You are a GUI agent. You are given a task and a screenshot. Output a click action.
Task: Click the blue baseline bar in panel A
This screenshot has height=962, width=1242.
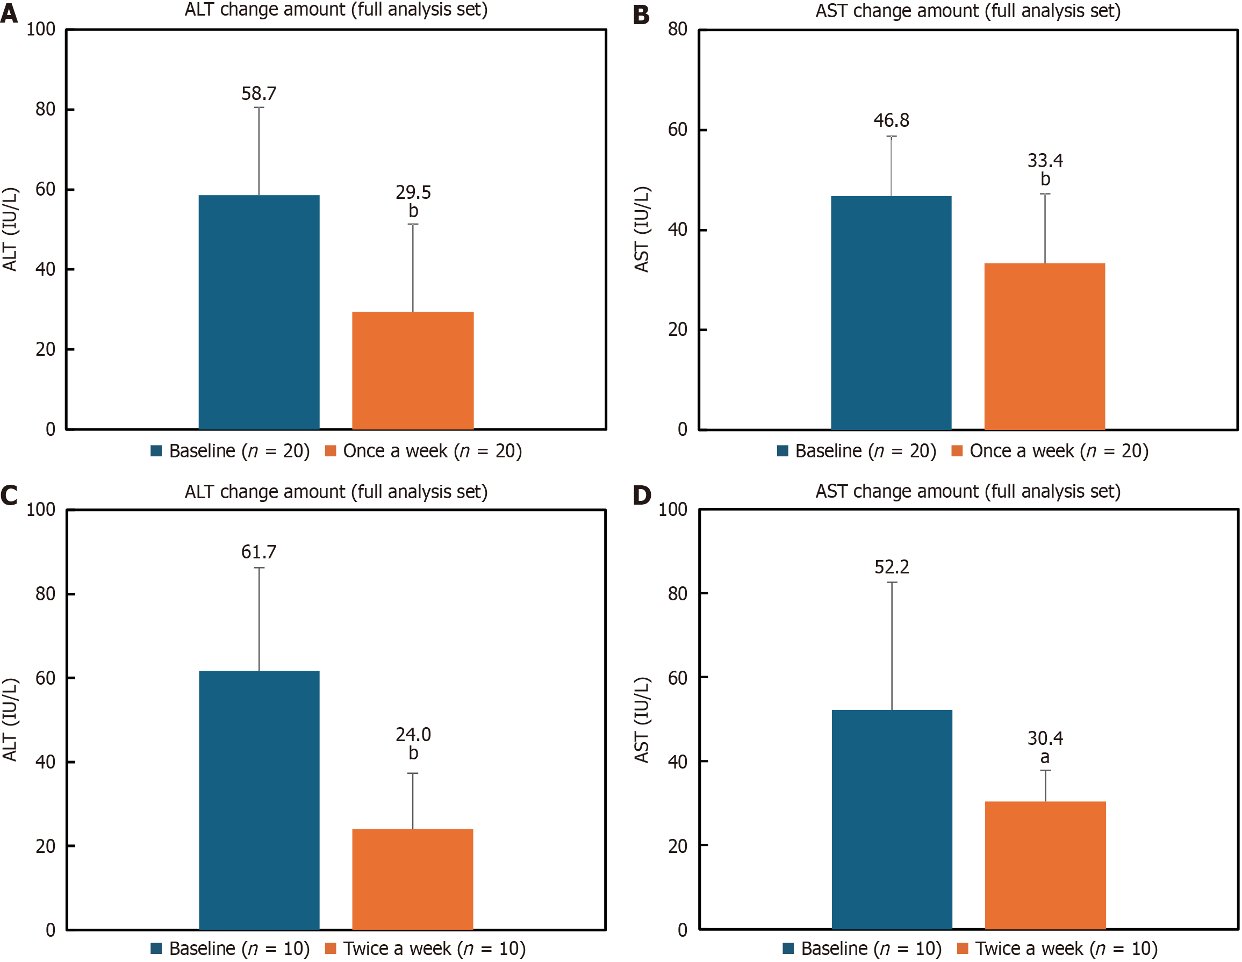click(x=259, y=312)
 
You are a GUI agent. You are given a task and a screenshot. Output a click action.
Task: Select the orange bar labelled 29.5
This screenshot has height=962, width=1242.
click(x=413, y=370)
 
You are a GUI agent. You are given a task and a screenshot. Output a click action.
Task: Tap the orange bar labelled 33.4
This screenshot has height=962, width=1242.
click(x=1045, y=346)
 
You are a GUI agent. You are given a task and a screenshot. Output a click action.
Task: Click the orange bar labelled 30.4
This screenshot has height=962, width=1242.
click(x=1045, y=865)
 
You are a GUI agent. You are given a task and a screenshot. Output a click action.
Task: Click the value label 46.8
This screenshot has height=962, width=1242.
click(x=891, y=120)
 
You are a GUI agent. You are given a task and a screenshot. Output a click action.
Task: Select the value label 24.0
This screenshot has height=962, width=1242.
click(x=413, y=735)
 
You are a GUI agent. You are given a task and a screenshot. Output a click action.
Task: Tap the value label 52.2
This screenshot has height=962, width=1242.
click(x=892, y=567)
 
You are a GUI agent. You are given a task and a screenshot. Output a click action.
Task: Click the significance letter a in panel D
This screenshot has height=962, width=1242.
click(x=1045, y=757)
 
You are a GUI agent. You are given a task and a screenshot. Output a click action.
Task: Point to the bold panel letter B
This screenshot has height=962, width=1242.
click(x=641, y=15)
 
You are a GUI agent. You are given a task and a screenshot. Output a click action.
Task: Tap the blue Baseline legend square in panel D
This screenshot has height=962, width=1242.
click(x=788, y=949)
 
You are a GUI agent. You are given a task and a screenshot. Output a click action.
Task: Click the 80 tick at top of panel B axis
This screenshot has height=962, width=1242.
click(x=677, y=29)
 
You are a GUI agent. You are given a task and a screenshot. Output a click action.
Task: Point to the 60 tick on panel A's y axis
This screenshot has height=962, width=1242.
click(x=46, y=189)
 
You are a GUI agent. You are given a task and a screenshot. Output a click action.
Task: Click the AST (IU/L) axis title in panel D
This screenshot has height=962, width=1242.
click(x=642, y=720)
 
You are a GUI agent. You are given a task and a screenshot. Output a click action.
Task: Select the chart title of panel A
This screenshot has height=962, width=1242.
click(x=336, y=10)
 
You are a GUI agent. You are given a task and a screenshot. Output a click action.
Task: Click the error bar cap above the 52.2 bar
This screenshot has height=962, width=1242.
click(x=892, y=582)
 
